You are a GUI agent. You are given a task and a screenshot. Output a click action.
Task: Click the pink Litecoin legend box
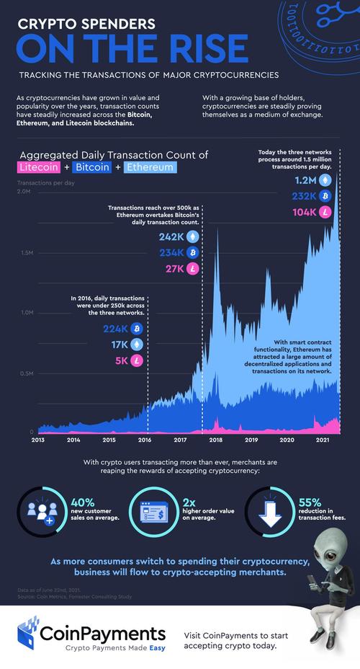click(39, 167)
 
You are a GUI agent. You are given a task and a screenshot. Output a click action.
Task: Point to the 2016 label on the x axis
click(143, 439)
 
